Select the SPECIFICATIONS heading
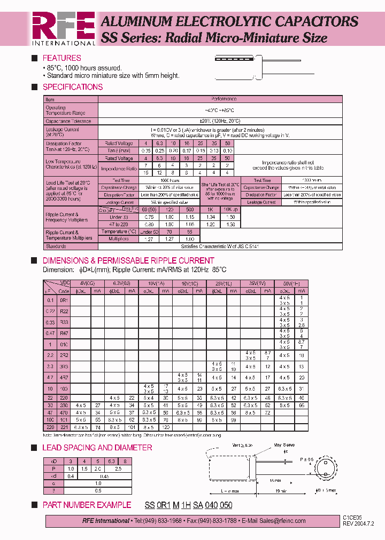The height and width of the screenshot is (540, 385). coord(72,87)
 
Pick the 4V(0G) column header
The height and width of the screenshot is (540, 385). coord(87,283)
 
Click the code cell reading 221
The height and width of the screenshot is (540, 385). coord(64,442)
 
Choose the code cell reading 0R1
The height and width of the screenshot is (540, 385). coord(64,301)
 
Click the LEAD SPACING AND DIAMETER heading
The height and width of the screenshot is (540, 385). coord(97,448)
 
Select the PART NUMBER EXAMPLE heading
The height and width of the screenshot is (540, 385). coord(87,505)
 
